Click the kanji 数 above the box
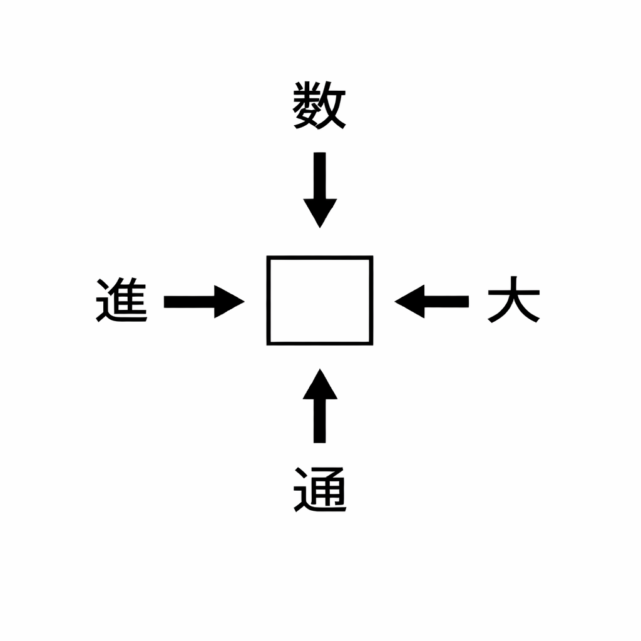click(320, 105)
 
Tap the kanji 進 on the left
click(121, 300)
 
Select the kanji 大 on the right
click(514, 300)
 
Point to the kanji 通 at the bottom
click(320, 490)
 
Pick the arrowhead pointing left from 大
click(409, 302)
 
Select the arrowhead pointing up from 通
click(320, 384)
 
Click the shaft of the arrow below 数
click(320, 176)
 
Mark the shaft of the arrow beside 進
click(189, 302)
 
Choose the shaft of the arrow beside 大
click(446, 302)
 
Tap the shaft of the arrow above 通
click(320, 421)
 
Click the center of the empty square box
click(320, 300)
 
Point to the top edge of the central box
click(320, 257)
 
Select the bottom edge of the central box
click(320, 344)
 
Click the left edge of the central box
click(269, 300)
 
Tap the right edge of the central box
click(372, 300)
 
